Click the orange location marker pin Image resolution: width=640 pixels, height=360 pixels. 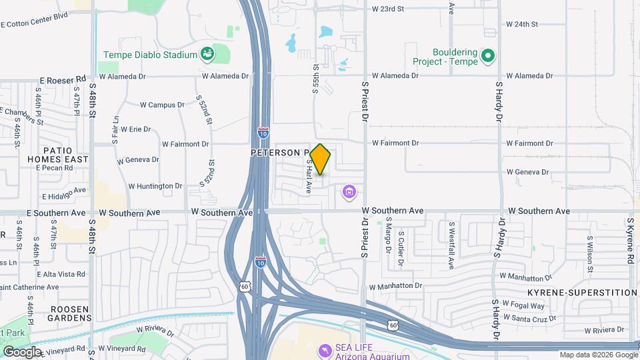point(321,159)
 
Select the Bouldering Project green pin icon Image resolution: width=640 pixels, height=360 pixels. point(489,56)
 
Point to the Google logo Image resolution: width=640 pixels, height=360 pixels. point(22,351)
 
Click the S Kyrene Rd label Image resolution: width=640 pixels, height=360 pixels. point(629,240)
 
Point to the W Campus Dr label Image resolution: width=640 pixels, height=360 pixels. point(162,105)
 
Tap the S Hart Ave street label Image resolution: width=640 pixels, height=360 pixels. point(309,176)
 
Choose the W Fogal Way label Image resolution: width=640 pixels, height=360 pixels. point(523,306)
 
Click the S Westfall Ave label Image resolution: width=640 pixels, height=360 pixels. point(451,245)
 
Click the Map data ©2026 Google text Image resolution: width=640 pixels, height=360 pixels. point(598,355)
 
